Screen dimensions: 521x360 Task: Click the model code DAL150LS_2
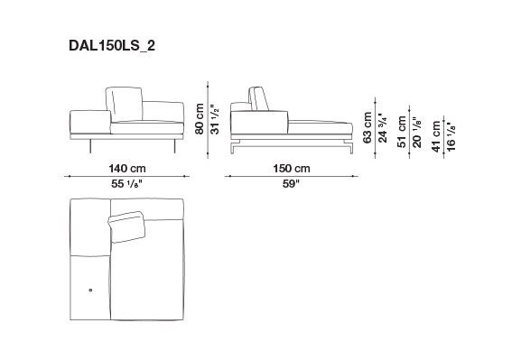click(x=112, y=46)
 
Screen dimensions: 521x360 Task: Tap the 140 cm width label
click(x=127, y=169)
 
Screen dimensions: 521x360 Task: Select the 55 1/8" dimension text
click(x=126, y=183)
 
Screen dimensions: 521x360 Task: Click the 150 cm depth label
click(x=292, y=169)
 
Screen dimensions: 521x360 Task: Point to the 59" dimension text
click(x=291, y=183)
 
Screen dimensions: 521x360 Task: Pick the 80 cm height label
click(x=200, y=118)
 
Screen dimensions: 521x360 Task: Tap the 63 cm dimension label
click(x=367, y=127)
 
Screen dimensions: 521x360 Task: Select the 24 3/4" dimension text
click(x=383, y=128)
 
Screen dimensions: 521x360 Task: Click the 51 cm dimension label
click(x=402, y=132)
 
